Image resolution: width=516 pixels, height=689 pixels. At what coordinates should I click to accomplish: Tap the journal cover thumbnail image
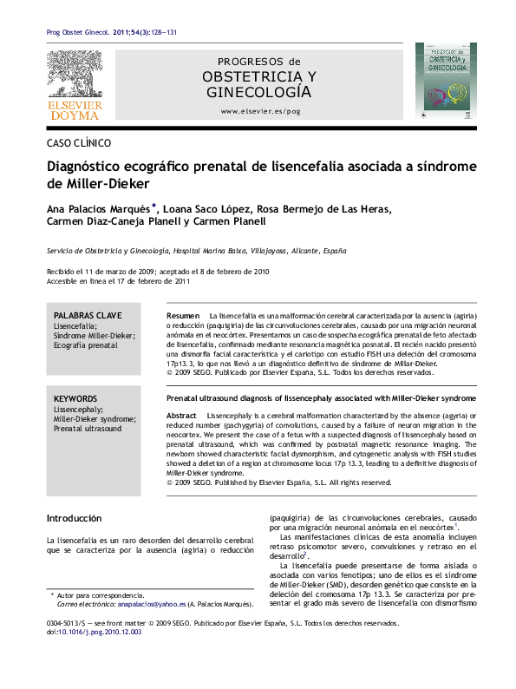coord(444,82)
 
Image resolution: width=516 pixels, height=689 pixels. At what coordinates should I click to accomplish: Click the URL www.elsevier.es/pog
coord(260,112)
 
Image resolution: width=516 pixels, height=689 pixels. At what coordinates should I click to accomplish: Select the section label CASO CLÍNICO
coord(78,144)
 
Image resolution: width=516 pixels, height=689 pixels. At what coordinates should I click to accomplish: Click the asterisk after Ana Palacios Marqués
coord(153,207)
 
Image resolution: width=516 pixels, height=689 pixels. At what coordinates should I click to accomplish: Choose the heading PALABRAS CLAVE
coord(88,316)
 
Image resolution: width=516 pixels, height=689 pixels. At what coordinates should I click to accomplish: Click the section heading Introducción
coord(74,518)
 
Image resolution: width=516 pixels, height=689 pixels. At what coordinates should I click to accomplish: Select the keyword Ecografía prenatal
coord(85,345)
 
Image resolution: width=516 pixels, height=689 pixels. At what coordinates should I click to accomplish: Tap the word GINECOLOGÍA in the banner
coord(259,92)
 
